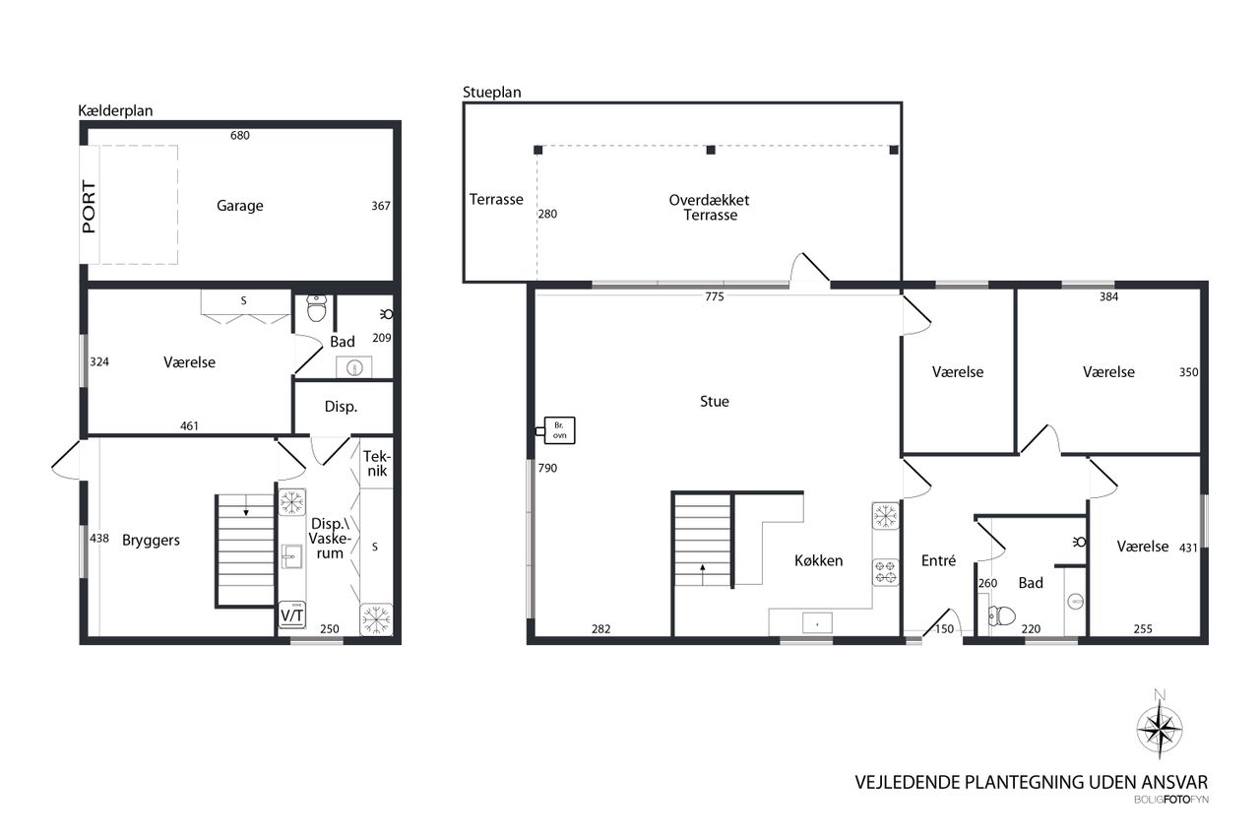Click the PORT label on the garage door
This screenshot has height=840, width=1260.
89,207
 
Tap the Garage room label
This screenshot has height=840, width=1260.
239,206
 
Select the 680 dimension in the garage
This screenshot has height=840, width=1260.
239,135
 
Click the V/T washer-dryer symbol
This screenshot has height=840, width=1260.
292,614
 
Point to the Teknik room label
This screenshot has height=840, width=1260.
376,463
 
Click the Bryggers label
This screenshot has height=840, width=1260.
151,540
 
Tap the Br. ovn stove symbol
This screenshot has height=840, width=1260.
558,430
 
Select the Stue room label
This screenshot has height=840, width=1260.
715,401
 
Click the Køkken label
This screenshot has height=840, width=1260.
818,560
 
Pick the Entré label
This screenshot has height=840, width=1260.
938,560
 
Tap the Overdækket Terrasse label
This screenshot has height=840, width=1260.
710,208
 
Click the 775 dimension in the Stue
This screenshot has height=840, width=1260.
715,296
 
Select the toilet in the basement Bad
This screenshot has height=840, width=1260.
317,308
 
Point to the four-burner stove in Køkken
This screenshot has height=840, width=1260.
885,572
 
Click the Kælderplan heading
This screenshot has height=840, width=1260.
115,111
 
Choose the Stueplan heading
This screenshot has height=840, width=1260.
491,93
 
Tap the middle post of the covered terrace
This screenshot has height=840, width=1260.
711,150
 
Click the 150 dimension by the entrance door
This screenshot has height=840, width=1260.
944,629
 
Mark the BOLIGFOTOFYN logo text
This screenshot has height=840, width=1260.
1171,800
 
